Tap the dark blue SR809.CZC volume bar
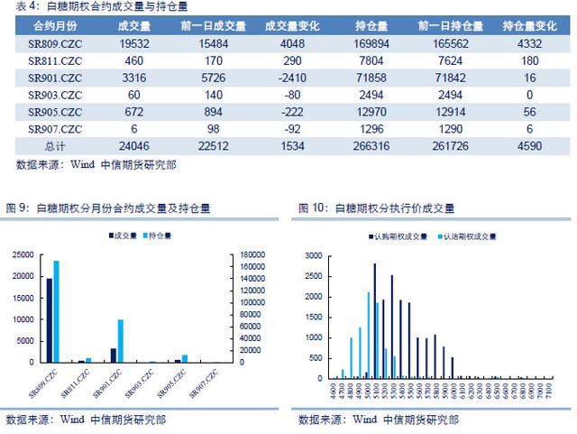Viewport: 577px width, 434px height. tap(50, 320)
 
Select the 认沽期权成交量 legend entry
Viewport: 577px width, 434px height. tap(467, 235)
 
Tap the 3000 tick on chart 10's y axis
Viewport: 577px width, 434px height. tap(311, 255)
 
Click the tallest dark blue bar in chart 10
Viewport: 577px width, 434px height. tap(375, 321)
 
